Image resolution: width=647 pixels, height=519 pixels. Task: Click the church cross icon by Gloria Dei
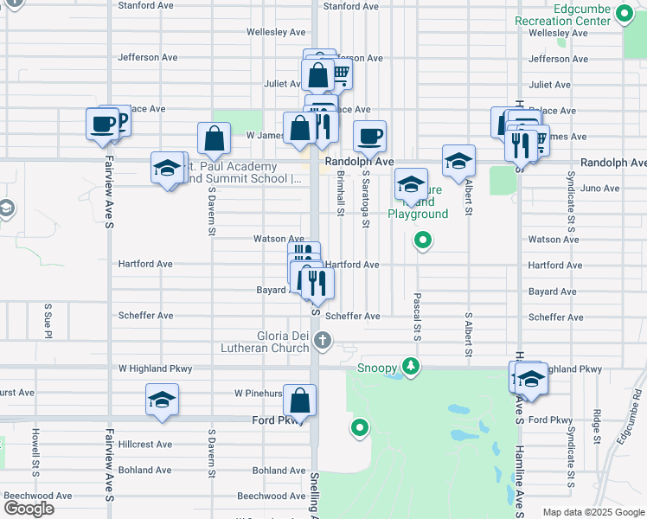coord(323,341)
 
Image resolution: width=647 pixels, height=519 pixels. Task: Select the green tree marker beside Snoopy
coord(412,367)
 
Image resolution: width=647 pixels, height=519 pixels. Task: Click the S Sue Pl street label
coord(48,321)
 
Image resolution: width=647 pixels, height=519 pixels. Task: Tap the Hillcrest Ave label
coord(145,445)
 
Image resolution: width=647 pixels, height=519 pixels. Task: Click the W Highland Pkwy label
coord(156,368)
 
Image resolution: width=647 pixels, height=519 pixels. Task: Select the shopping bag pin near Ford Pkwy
coord(299,400)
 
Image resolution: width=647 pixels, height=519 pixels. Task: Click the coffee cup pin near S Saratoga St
coord(370,137)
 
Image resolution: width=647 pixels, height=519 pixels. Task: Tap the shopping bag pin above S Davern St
coord(214,138)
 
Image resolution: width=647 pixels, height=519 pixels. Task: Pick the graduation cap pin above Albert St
coord(458,161)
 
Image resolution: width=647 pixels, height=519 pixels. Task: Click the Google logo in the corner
coord(28,509)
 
